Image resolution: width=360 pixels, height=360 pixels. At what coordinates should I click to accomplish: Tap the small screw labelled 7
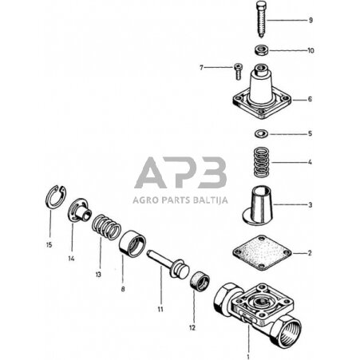point(237,69)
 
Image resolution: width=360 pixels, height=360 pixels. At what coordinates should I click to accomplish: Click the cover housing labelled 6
point(259,96)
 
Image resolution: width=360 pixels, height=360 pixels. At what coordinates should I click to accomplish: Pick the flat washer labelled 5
point(259,133)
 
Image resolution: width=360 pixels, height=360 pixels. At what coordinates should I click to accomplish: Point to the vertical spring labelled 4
point(259,162)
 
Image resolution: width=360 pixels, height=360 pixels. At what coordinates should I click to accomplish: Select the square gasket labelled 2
point(259,254)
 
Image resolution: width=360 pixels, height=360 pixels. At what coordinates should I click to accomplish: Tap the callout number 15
point(49,244)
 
